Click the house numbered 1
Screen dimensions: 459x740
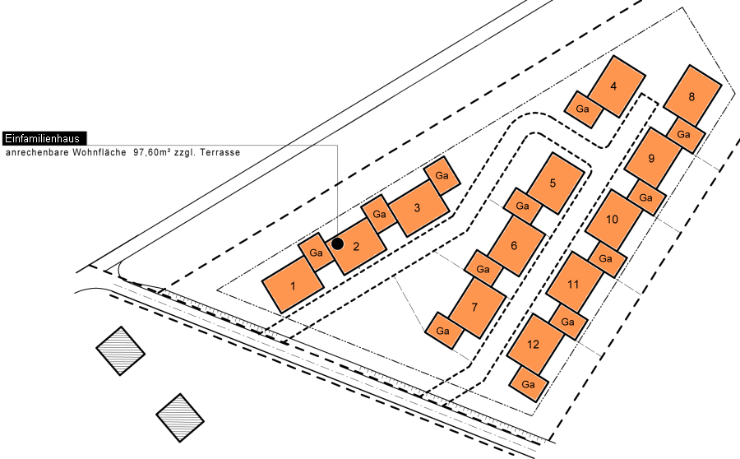(x=293, y=285)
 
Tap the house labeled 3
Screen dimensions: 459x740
(x=418, y=208)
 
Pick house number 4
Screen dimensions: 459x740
(x=614, y=86)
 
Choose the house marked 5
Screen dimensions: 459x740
(x=553, y=183)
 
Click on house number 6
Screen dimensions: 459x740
(x=515, y=244)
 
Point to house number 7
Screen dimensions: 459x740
(x=475, y=307)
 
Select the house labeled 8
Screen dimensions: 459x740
(x=692, y=97)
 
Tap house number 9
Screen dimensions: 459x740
(x=652, y=158)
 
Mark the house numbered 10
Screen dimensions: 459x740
(x=613, y=220)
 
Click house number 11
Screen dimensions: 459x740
(x=574, y=283)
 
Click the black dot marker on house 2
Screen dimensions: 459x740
(x=337, y=243)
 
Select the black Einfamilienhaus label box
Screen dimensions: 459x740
(x=44, y=138)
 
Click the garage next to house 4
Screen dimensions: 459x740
(x=584, y=109)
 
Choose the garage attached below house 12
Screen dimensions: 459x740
(x=529, y=384)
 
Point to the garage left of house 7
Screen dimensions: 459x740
(x=443, y=331)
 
